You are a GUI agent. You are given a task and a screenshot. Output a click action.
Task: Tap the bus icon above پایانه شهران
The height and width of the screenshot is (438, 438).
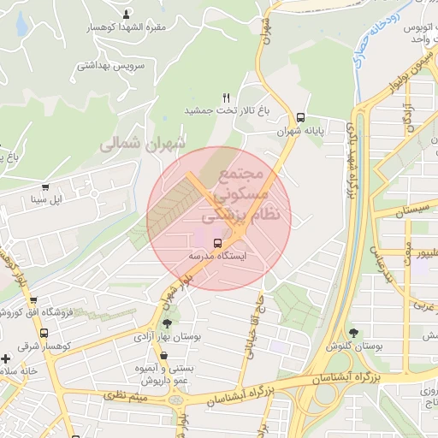300,118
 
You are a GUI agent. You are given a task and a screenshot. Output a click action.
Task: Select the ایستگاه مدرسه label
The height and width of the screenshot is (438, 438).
216,256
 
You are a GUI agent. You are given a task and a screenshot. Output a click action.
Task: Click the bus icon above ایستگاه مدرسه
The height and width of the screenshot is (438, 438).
216,242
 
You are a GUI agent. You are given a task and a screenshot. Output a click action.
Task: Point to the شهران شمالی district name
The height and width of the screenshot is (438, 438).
143,145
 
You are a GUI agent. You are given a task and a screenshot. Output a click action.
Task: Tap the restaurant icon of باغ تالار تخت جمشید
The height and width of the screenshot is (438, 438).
226,98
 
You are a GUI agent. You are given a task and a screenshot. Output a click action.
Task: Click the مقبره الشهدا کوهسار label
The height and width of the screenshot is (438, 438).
128,27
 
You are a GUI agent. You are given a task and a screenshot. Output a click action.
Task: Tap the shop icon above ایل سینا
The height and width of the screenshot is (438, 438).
45,187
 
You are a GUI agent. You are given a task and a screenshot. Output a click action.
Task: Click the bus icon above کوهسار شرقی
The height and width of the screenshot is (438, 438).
33,301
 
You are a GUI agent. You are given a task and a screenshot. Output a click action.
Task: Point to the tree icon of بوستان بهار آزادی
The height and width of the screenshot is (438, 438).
166,323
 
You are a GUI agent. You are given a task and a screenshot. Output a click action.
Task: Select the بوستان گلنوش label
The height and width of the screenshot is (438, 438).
353,346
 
